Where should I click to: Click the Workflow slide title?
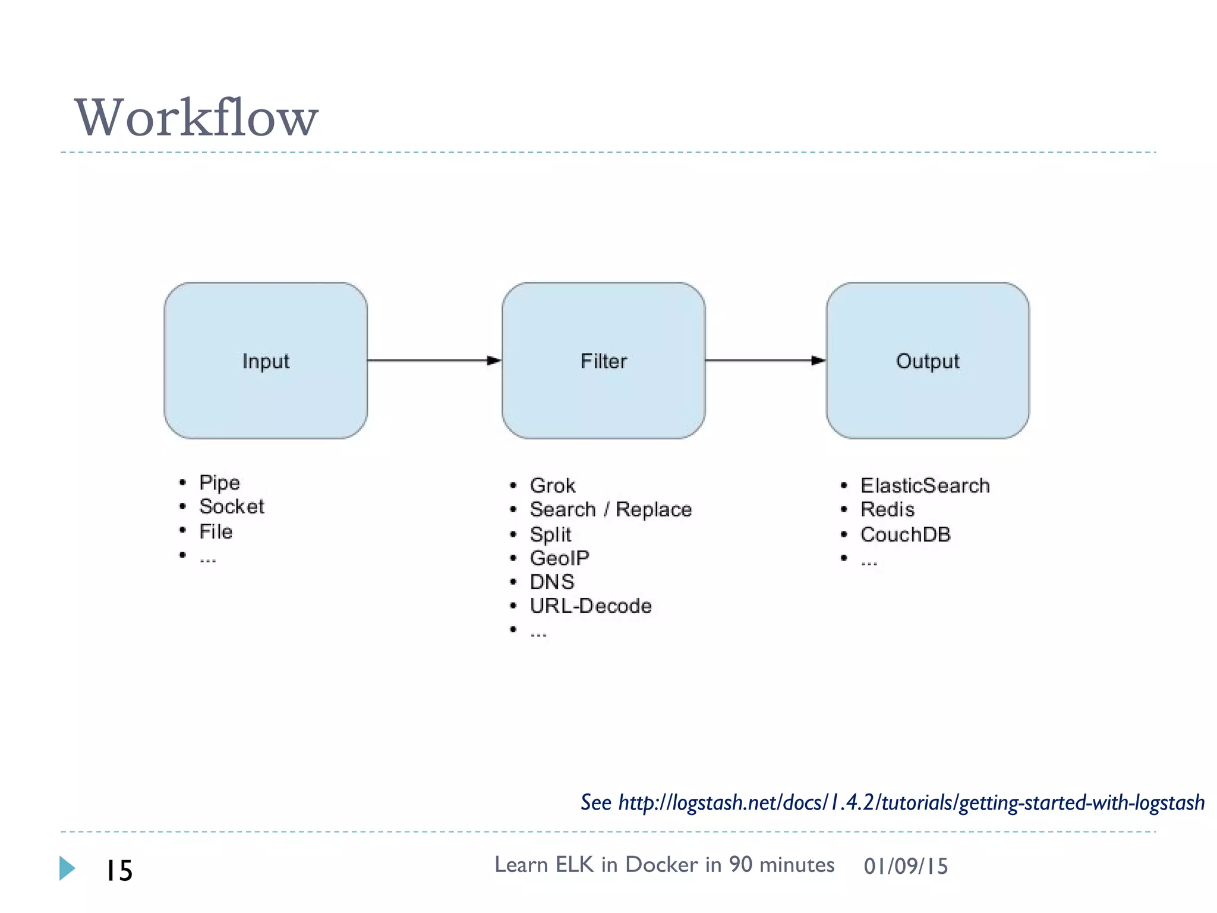pyautogui.click(x=196, y=118)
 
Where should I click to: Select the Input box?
pyautogui.click(x=266, y=361)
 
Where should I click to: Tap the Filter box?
pyautogui.click(x=603, y=361)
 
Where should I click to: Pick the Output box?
pyautogui.click(x=927, y=361)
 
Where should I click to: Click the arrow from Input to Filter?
pyautogui.click(x=434, y=360)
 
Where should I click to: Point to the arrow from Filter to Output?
pyautogui.click(x=765, y=360)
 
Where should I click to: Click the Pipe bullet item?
pyautogui.click(x=219, y=482)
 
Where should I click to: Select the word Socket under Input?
pyautogui.click(x=232, y=506)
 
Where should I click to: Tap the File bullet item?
pyautogui.click(x=216, y=531)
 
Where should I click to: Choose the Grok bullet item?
pyautogui.click(x=553, y=486)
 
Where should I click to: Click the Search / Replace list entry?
pyautogui.click(x=611, y=509)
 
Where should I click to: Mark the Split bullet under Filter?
pyautogui.click(x=550, y=534)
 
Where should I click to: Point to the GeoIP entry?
pyautogui.click(x=559, y=558)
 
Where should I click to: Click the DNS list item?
pyautogui.click(x=552, y=582)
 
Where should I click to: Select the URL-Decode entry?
pyautogui.click(x=591, y=606)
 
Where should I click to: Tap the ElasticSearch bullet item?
pyautogui.click(x=925, y=486)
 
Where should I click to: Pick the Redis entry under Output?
pyautogui.click(x=887, y=509)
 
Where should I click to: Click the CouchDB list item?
pyautogui.click(x=905, y=534)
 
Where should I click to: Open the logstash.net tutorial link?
pyautogui.click(x=911, y=802)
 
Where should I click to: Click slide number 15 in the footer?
pyautogui.click(x=119, y=871)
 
